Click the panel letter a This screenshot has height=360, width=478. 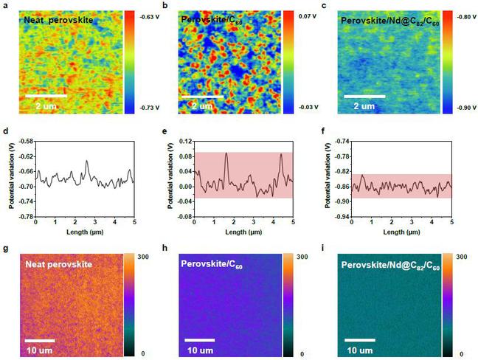tap(4, 6)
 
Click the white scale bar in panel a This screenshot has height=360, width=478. tap(46, 96)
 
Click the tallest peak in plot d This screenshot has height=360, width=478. tap(86, 161)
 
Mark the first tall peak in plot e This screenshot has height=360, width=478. tap(226, 153)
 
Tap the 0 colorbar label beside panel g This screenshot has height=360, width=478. tap(146, 354)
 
